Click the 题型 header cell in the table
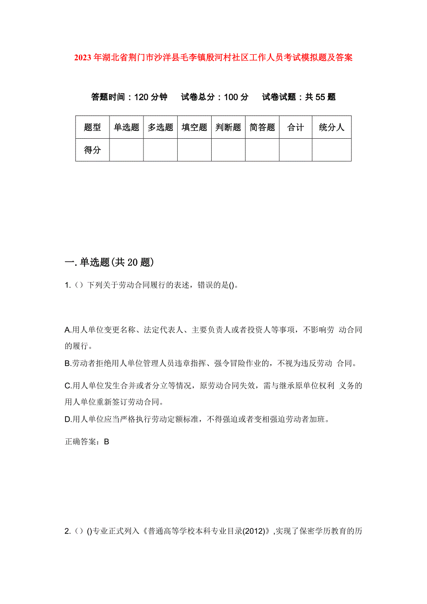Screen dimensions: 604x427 tap(92, 128)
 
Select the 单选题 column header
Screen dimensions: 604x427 tap(126, 128)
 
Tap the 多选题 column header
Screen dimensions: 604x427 tap(160, 128)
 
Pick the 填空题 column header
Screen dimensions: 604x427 tap(194, 128)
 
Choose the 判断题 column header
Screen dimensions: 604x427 tap(228, 128)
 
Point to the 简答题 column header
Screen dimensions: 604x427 tap(262, 128)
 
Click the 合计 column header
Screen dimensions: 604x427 tap(296, 128)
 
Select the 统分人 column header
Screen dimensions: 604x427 tap(331, 128)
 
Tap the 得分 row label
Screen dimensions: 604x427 tap(92, 150)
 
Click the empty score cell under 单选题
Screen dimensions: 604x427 tap(126, 150)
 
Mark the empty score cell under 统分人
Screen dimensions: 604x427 tap(331, 150)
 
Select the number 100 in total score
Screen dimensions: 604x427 tap(230, 97)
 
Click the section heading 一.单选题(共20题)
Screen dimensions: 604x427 tap(109, 263)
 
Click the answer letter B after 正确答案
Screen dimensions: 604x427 tap(106, 442)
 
